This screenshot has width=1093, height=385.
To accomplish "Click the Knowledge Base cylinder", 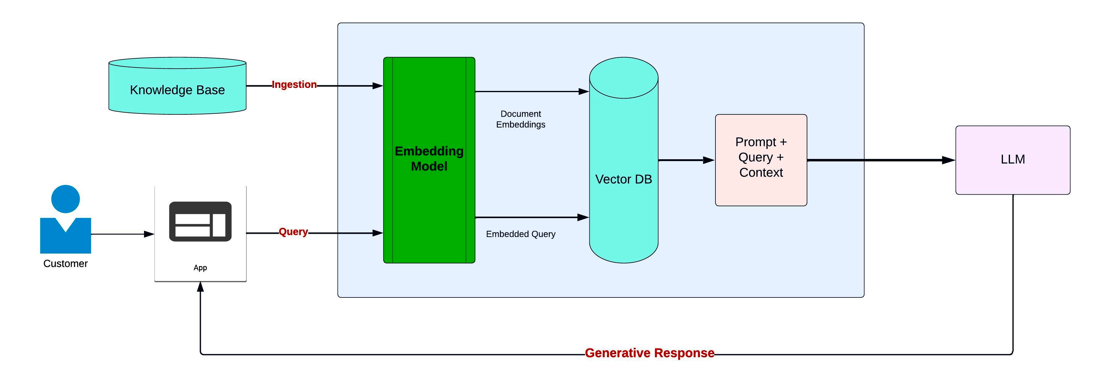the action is click(177, 86).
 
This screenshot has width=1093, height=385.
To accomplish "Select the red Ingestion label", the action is click(294, 85).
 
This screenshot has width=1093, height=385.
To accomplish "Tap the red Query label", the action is click(293, 232).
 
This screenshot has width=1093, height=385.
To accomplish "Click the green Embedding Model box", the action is click(429, 160).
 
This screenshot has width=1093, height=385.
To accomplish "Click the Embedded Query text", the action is click(521, 234).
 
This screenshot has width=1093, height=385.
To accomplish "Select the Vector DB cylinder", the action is click(624, 160).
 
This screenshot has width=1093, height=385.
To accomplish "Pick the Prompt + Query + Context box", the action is click(761, 160).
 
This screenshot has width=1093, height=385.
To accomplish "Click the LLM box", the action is click(1013, 160).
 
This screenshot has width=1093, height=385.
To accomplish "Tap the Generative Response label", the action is click(650, 353).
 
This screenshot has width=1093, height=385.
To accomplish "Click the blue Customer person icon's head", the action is click(65, 199).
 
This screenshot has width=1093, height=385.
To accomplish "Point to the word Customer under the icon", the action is click(65, 263).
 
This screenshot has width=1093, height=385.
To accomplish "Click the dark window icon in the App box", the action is click(200, 221).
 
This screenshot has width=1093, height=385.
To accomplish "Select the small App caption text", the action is click(200, 268).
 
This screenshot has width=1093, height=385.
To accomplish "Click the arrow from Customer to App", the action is click(123, 234).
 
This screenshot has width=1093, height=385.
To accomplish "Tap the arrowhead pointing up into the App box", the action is click(200, 287).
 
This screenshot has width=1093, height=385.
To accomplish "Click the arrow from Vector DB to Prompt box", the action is click(686, 160).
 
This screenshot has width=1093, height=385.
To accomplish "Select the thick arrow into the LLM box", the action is click(881, 160).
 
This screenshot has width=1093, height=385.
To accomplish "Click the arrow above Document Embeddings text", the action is click(532, 91).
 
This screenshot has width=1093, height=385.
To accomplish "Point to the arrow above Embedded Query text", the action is click(532, 217).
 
